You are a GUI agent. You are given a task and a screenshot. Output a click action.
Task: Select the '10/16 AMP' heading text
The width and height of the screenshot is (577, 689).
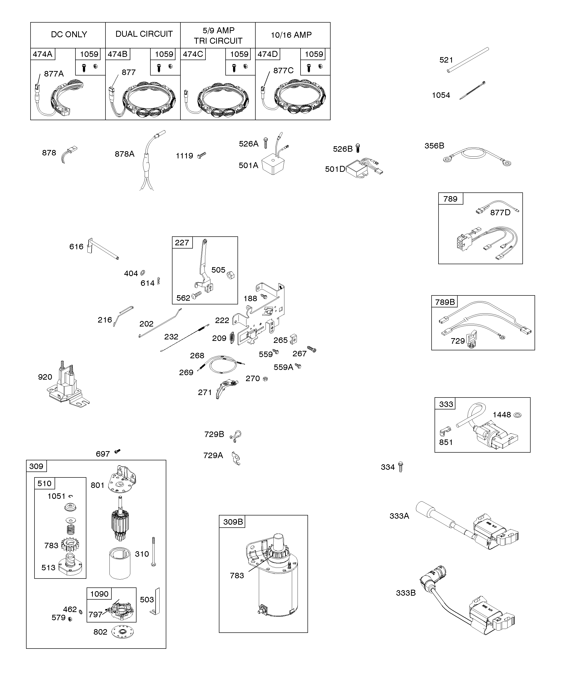pos(291,35)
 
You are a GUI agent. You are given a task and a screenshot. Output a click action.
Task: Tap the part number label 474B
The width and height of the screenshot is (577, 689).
pos(117,54)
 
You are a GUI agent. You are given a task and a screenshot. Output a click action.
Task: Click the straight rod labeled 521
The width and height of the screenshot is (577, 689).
pos(468,60)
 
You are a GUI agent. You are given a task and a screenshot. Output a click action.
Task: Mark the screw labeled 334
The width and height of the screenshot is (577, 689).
pos(400,467)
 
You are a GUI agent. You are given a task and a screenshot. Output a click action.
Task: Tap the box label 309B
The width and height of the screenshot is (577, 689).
pos(233,522)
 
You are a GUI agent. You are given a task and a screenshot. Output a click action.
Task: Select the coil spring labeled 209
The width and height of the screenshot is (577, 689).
pos(232,338)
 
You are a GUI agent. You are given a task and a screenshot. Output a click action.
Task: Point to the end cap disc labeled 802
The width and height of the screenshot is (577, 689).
pos(123,632)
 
